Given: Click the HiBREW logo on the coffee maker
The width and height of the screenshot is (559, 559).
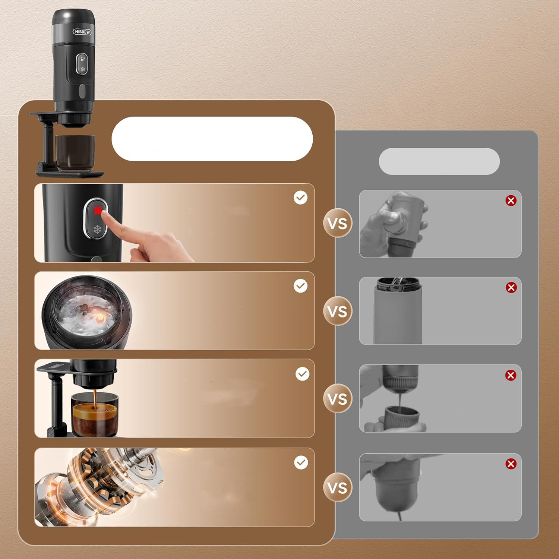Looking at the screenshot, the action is (82, 32).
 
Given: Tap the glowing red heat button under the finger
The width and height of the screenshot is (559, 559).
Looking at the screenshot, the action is (98, 211).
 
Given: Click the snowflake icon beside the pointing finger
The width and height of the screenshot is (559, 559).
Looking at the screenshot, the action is (97, 230).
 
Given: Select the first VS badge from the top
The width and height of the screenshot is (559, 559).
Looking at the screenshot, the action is (338, 223).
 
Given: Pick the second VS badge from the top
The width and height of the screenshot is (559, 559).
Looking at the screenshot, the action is (338, 311).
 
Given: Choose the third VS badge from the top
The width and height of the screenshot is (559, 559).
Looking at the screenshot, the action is (338, 399).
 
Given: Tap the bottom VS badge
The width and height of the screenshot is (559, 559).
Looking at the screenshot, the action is (338, 487).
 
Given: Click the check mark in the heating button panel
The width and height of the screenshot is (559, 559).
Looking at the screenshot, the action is (300, 198).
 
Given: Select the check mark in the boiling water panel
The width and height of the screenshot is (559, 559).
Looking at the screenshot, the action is (300, 286).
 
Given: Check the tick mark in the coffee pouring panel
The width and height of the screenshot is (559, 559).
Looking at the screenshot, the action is (302, 374).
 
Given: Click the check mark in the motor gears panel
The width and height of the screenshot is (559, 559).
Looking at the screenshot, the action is (301, 462).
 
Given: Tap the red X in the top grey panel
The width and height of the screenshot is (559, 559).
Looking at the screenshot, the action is (511, 200).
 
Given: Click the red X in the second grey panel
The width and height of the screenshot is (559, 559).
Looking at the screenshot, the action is (511, 287).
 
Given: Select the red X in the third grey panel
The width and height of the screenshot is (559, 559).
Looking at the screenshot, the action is (511, 375).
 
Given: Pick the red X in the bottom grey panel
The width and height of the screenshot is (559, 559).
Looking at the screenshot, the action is (511, 464).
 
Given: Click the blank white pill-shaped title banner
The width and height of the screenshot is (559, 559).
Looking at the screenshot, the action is (212, 139).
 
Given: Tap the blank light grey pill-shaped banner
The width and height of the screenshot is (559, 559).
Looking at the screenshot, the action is (439, 161).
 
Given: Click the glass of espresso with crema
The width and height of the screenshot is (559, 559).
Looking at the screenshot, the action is (95, 414).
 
